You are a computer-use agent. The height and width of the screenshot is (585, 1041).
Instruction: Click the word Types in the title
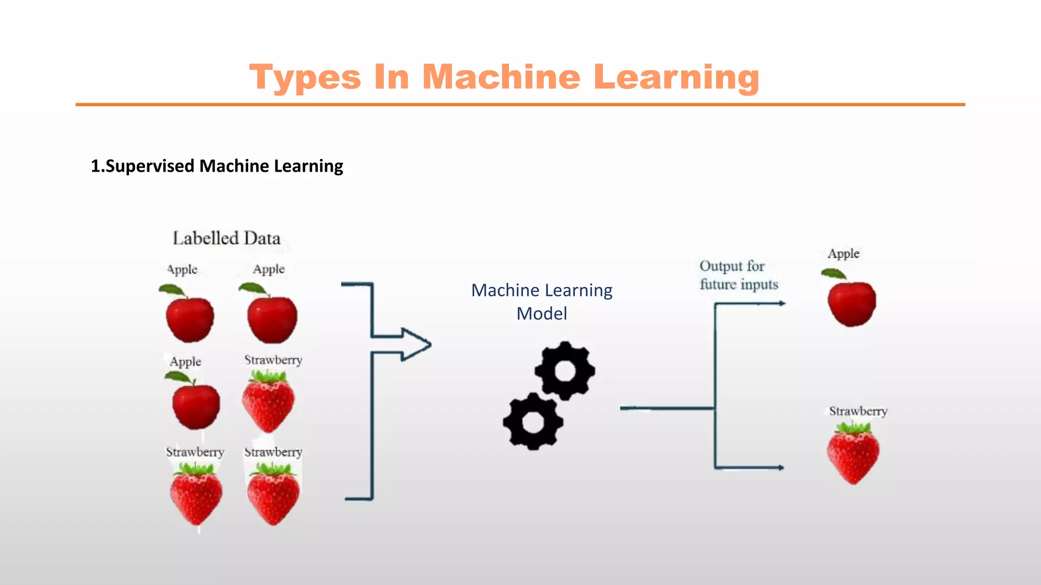(305, 78)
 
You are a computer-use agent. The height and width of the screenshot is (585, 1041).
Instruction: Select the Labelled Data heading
(227, 238)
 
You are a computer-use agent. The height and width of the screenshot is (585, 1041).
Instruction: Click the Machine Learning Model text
(542, 302)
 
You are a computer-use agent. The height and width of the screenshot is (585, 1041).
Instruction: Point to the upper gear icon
(565, 371)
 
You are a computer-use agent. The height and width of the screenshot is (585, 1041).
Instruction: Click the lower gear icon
(533, 421)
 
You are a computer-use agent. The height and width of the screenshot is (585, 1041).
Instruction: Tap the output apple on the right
(851, 303)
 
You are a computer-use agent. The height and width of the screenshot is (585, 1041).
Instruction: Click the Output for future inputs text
(738, 275)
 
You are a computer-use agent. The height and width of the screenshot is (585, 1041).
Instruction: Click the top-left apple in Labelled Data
(190, 318)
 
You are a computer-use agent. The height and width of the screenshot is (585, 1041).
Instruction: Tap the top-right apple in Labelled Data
(272, 318)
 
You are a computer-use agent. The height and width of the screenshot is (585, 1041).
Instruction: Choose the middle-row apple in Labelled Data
(196, 404)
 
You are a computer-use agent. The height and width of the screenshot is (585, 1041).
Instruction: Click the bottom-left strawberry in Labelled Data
(196, 494)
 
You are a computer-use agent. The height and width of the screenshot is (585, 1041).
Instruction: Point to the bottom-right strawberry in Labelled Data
(273, 494)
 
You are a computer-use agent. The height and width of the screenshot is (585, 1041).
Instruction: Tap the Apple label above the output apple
(843, 253)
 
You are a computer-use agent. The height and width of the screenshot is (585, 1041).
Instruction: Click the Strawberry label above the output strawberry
(858, 411)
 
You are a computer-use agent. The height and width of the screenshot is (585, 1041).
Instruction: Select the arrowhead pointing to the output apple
(781, 304)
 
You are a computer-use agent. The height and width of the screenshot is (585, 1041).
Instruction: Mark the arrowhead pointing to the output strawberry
(780, 468)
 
